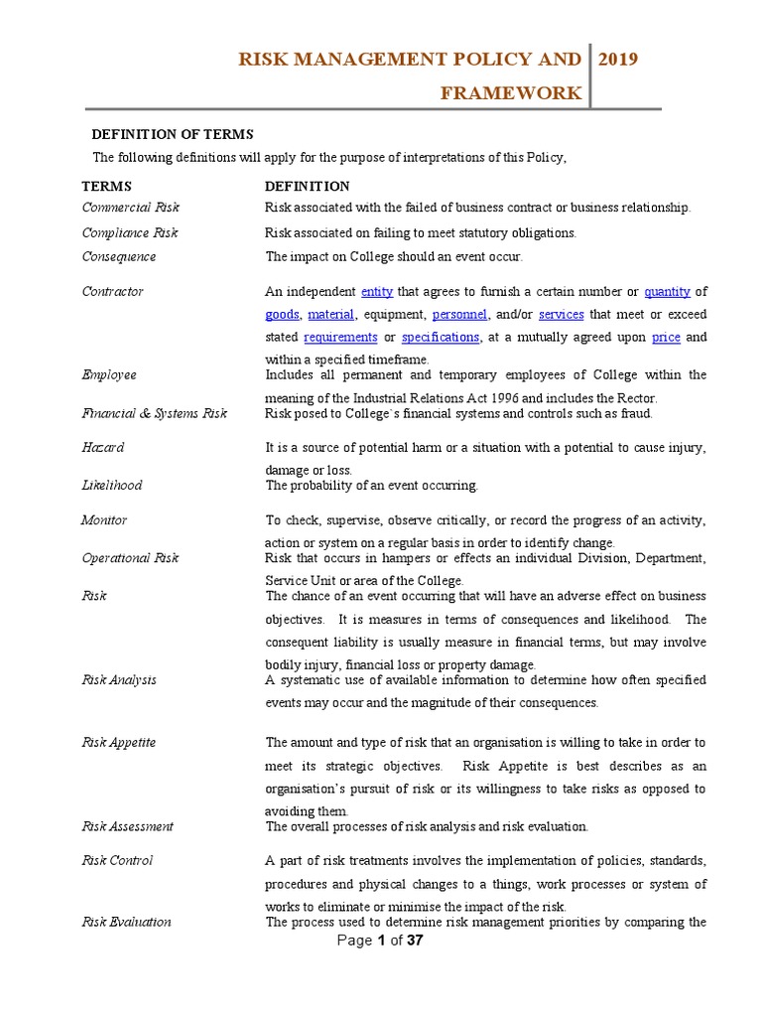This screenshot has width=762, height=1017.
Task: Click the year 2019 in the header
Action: (x=619, y=60)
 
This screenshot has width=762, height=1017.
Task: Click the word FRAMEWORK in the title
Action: (x=512, y=93)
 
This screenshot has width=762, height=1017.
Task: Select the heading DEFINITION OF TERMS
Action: (x=173, y=134)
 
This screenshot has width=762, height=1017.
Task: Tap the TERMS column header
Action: (x=106, y=186)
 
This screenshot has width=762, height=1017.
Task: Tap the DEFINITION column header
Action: (x=307, y=186)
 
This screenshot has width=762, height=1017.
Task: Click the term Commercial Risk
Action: (x=130, y=208)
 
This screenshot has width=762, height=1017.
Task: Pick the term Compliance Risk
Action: (x=130, y=232)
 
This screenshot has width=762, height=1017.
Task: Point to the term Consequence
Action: (x=118, y=256)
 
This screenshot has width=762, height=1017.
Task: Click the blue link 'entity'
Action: (x=377, y=291)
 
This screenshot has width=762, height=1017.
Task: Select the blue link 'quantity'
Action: (x=667, y=291)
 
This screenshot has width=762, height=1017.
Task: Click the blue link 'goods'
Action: (x=282, y=314)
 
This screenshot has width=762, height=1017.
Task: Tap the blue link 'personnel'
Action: (x=459, y=314)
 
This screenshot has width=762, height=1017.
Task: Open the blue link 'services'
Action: (x=562, y=314)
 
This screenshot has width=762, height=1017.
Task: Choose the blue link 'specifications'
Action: (x=441, y=337)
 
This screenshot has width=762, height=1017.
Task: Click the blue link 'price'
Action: (x=666, y=337)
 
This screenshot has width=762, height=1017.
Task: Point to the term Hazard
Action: (x=102, y=448)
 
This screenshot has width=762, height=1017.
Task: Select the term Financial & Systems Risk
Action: (x=154, y=413)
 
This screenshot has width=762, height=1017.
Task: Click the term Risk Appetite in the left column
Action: (x=118, y=742)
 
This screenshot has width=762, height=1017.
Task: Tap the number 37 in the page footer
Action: (x=414, y=942)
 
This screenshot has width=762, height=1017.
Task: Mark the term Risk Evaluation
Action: (x=126, y=922)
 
